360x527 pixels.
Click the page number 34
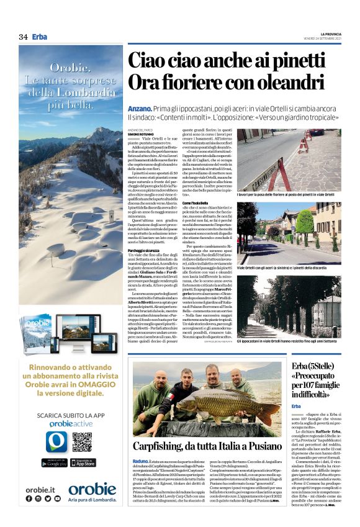(23, 37)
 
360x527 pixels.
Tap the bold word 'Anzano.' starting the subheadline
(140, 107)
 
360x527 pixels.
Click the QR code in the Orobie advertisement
(82, 442)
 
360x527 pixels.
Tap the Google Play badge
(54, 462)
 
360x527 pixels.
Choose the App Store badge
(83, 462)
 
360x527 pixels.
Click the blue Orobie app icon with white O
(55, 441)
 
